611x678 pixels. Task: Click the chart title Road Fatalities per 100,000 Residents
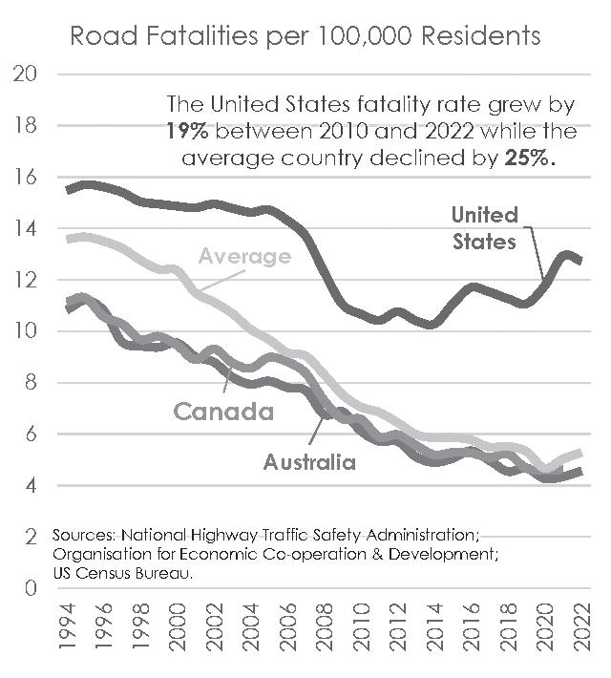point(305,36)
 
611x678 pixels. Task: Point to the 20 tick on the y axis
point(25,74)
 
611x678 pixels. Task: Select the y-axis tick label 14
point(26,228)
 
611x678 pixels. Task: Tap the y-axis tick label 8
point(31,383)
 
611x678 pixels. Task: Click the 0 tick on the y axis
point(31,588)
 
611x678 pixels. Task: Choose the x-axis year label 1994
point(67,627)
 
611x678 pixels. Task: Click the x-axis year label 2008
point(325,627)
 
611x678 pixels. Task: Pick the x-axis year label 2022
point(582,627)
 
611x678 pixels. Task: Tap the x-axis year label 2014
point(435,627)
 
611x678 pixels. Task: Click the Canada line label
point(223,412)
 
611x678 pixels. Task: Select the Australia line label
point(309,462)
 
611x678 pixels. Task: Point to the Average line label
point(244,257)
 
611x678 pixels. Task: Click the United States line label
point(484,228)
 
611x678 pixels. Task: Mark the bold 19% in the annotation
point(187,131)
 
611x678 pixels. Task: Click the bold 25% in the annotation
point(529,158)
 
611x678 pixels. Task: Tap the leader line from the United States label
point(534,253)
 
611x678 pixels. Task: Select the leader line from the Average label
point(222,281)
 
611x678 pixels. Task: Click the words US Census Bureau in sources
point(123,574)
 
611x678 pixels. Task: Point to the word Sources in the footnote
point(83,536)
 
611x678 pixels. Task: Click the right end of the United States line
point(579,260)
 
